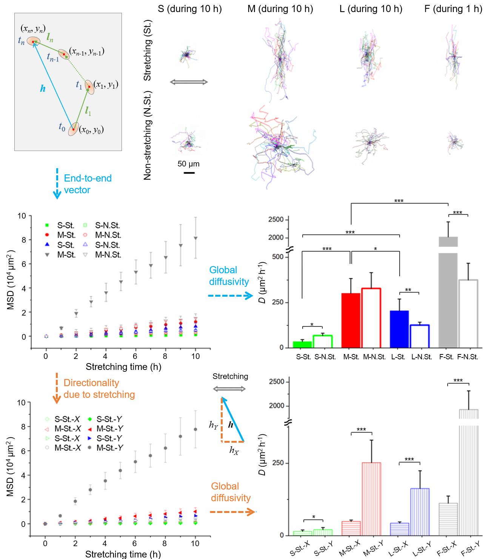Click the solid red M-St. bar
coord(351,320)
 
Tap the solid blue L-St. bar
coord(399,328)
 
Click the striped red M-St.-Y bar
coord(371,498)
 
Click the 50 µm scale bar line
coord(189,173)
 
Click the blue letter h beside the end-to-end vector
coord(43,88)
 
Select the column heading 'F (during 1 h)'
coord(453,9)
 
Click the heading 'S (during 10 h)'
coord(190,9)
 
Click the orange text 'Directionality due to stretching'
coord(99,389)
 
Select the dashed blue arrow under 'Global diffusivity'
coord(230,296)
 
